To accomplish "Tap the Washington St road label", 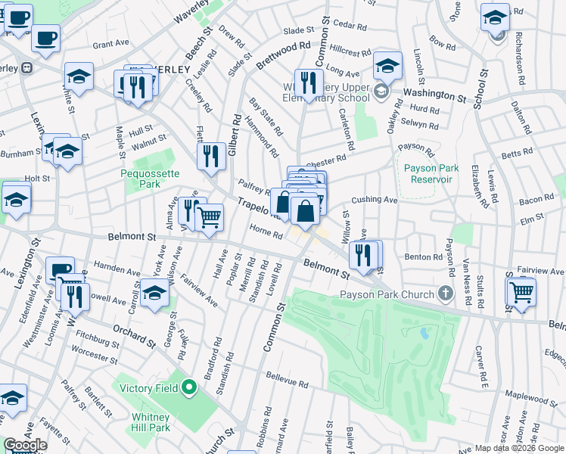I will (x=434, y=95).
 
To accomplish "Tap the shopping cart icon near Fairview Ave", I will (x=521, y=291).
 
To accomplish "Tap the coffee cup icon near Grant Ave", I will (x=45, y=38).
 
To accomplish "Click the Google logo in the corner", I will (x=25, y=446).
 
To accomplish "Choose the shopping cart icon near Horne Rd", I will (x=210, y=217).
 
